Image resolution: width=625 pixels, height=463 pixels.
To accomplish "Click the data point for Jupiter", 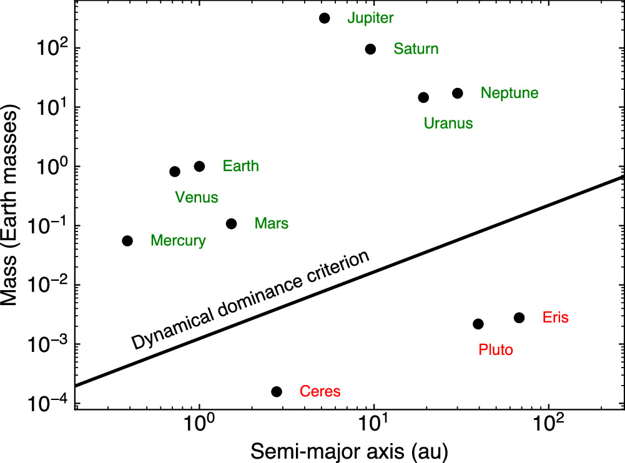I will point(324,18).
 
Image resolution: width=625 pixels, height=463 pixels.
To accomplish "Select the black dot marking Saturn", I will point(370,49).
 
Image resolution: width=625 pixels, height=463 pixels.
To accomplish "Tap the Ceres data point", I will point(277,392).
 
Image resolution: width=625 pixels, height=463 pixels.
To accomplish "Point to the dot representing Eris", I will point(519,318).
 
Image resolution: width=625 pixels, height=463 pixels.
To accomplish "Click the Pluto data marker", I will point(478,324).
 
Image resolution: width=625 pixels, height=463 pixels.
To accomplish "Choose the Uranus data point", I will point(423,97).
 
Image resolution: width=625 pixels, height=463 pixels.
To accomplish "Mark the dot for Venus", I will point(175,172).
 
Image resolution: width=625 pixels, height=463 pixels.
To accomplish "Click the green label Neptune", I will point(509,94).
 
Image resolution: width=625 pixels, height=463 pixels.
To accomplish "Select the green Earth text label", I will point(240,167).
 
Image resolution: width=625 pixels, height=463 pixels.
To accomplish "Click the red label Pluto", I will point(496,350).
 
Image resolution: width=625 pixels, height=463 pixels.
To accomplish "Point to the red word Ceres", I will point(320,392).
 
